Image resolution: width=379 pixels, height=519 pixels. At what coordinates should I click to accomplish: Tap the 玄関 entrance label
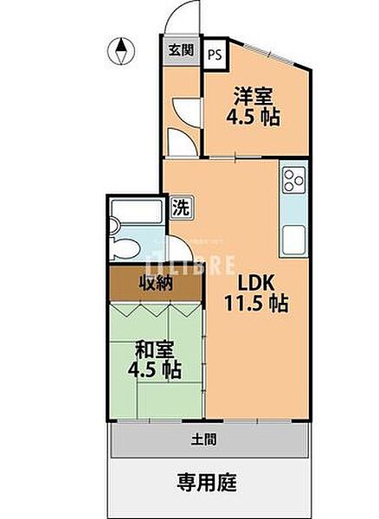tap(181, 49)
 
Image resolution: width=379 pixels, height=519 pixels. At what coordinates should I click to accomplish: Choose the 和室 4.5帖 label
tap(157, 359)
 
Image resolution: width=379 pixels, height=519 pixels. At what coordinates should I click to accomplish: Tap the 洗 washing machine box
tap(181, 207)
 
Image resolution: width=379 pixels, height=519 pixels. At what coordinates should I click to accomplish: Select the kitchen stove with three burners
tap(292, 183)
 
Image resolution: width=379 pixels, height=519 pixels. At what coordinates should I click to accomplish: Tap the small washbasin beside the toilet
tap(118, 227)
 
